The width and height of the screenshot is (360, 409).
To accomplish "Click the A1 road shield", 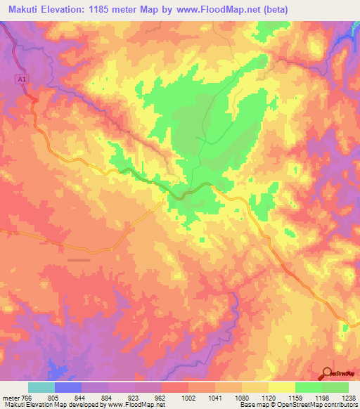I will pos(22,80).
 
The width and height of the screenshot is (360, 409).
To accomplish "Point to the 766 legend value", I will pos(25,397).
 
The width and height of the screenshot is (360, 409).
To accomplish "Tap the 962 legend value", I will pos(160,397).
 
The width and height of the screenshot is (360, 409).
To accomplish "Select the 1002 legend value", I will pos(189,397).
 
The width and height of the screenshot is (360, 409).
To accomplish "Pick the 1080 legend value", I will pos(243,397).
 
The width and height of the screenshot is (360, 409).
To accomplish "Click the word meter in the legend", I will pos(10,397).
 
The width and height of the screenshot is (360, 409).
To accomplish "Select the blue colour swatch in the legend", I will pos(68,387).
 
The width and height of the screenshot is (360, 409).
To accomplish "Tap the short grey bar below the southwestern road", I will pos(79,259).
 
